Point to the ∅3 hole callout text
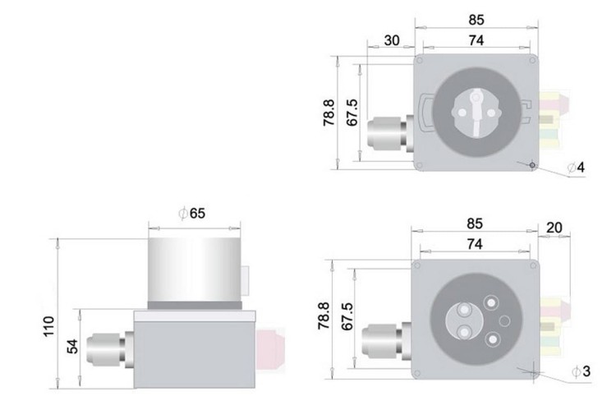580,372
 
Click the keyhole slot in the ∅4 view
476,106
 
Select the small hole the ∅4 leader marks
531,164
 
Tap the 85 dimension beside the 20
475,224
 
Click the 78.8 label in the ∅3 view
325,316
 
